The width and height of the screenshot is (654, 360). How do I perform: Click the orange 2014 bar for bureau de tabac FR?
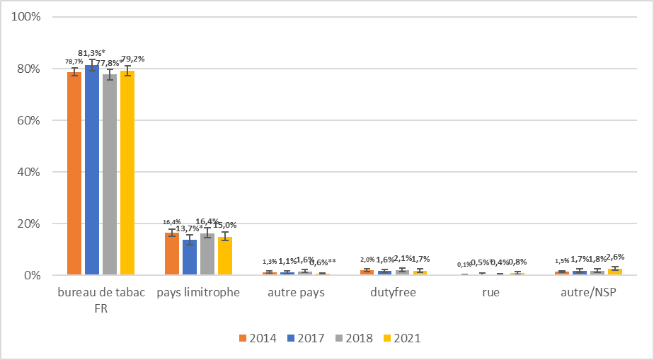coord(74,173)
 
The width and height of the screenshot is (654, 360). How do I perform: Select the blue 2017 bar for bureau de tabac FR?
coord(92,170)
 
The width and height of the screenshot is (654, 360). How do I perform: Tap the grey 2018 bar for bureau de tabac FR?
coord(110,174)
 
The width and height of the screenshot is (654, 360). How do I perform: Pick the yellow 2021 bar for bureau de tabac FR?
coord(127,173)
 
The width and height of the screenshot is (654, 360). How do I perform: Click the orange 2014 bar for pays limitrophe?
coord(172,254)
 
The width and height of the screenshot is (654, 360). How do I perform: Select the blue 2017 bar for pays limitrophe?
coord(189,257)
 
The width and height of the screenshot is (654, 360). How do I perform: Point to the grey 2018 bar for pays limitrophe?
coord(207,254)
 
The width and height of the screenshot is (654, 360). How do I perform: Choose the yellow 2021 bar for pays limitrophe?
coord(224,256)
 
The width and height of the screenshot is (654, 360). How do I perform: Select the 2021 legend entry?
coord(401,338)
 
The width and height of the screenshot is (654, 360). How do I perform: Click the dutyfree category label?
coord(393,292)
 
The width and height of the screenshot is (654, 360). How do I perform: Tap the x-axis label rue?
coord(490,292)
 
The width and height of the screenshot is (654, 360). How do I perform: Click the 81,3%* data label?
coord(91,53)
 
